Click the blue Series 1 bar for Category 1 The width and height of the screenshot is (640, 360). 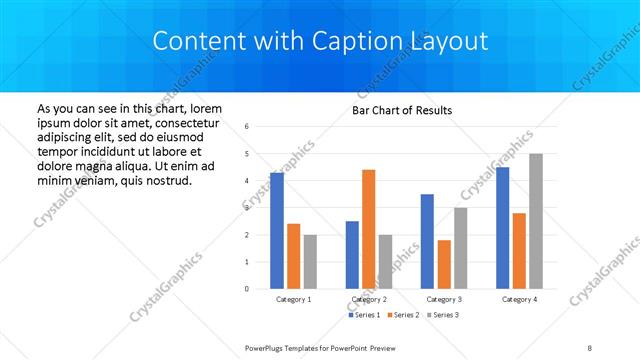click(277, 231)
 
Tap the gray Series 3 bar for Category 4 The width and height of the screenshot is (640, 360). click(536, 221)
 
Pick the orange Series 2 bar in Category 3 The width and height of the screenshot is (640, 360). click(444, 264)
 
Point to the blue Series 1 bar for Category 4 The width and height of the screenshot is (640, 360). click(502, 228)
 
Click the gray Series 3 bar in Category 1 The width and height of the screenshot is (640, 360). click(310, 262)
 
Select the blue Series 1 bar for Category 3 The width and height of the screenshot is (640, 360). click(427, 241)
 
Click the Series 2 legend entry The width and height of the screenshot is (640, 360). click(403, 315)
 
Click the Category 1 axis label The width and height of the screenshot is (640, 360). click(294, 299)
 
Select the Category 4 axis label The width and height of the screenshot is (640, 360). click(519, 299)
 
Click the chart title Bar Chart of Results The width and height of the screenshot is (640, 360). click(402, 110)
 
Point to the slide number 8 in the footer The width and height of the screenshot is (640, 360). click(590, 347)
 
